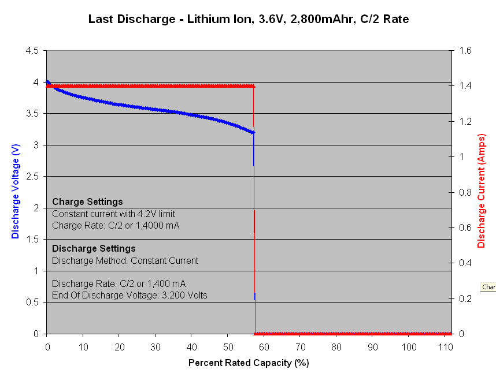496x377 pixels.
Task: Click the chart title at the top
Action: (248, 19)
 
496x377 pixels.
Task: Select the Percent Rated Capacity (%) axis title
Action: (249, 363)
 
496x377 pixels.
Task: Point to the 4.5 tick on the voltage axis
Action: (32, 51)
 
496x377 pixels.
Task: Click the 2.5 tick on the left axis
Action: (32, 177)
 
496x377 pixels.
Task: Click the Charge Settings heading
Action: (87, 202)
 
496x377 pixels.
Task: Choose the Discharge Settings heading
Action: (94, 249)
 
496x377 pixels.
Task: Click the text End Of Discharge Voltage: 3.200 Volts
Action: (129, 295)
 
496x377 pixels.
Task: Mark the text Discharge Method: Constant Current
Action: (125, 260)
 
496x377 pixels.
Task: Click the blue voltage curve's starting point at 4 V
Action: (47, 82)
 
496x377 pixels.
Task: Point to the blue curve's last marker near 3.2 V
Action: (253, 132)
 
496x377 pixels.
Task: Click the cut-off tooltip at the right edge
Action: (488, 287)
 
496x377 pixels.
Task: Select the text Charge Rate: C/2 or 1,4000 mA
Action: (116, 225)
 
